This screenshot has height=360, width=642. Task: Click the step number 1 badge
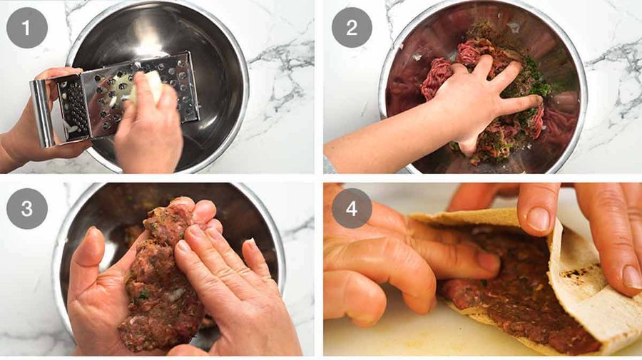coord(26,28)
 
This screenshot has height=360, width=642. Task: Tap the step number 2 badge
coord(352,27)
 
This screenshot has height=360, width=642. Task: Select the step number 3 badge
coord(26,208)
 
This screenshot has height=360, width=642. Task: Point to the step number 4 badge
coord(352,208)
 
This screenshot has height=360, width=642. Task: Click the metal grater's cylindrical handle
coord(42,113)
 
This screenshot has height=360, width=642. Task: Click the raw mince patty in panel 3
coord(164,278)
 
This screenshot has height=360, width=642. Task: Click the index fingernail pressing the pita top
coord(538,220)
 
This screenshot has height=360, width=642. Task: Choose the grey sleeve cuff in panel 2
coord(328,165)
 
